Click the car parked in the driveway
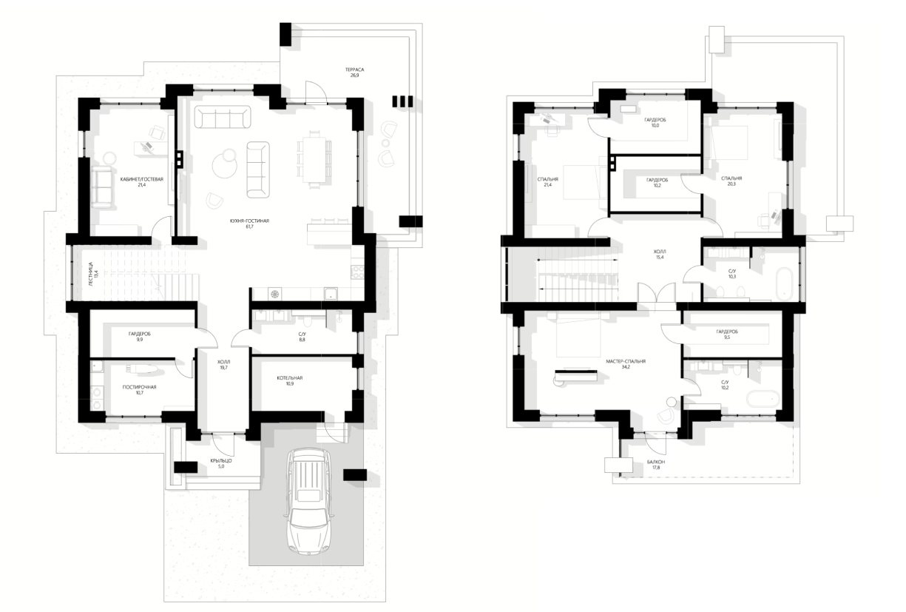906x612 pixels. (309, 501)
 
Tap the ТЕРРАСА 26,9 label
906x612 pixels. (354, 73)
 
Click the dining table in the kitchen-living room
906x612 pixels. (314, 160)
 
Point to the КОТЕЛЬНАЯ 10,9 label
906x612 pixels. (290, 380)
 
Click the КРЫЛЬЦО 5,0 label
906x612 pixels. (221, 463)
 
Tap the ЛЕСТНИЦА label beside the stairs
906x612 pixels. (90, 274)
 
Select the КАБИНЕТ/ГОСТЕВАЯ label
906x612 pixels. (141, 179)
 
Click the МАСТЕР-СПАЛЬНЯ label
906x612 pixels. (625, 361)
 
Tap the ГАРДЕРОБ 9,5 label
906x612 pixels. (727, 334)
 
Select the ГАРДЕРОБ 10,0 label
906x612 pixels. (655, 122)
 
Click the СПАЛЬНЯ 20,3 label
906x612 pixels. (731, 181)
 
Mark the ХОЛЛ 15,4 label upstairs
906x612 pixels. (659, 254)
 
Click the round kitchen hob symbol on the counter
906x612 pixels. (274, 294)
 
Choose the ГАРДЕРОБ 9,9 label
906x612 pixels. (140, 337)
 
